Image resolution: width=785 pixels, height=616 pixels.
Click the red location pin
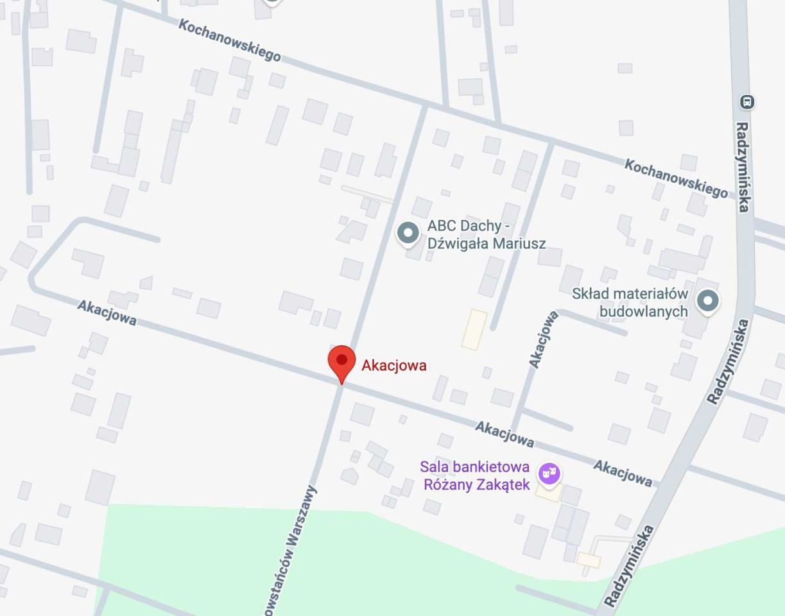click(341, 361)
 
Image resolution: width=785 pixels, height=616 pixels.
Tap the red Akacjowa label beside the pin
click(393, 366)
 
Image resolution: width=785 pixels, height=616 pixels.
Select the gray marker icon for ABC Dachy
click(408, 234)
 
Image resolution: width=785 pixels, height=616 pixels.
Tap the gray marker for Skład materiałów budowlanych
click(707, 300)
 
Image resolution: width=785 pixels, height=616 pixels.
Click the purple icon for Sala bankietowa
click(549, 474)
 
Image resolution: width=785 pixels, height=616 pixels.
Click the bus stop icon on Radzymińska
click(746, 101)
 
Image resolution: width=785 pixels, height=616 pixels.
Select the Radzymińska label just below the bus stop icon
click(743, 167)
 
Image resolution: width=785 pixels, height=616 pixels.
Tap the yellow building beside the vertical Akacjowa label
click(474, 329)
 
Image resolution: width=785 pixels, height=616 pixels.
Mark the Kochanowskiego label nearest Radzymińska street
click(676, 178)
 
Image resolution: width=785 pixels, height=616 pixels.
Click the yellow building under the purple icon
click(549, 493)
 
